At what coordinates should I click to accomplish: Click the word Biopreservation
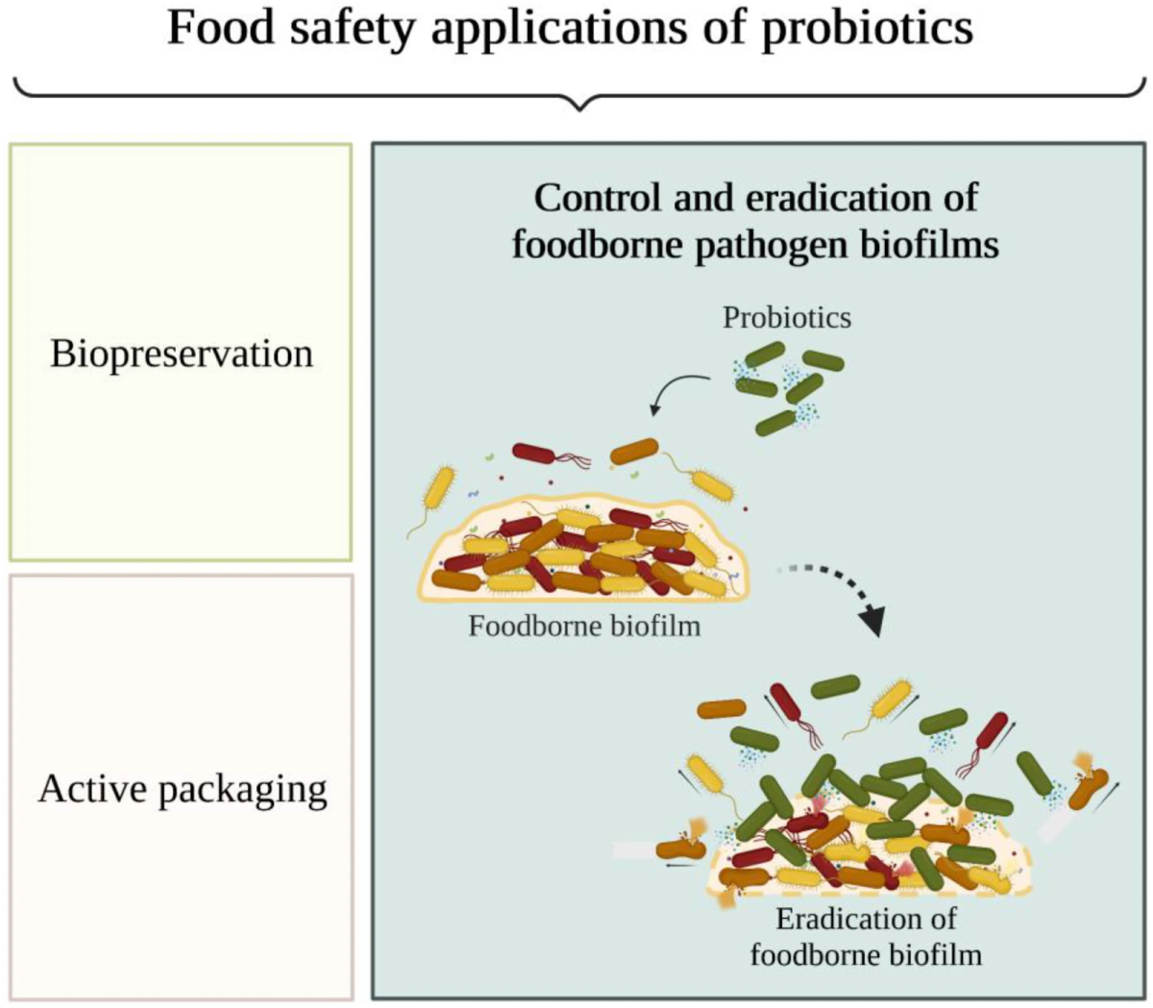(182, 354)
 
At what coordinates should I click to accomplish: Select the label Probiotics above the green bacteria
(787, 317)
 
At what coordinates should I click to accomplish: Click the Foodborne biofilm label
(584, 627)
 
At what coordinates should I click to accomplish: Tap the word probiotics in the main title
(868, 29)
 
